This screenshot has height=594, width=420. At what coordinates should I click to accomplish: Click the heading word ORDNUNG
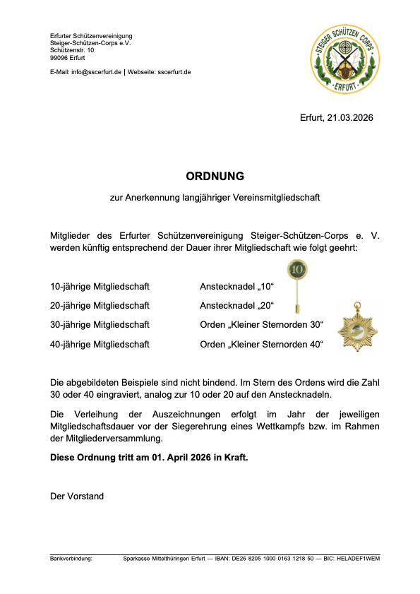click(x=215, y=175)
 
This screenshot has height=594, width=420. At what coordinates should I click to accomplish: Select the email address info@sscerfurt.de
click(x=96, y=72)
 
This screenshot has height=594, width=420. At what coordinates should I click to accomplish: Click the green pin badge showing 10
click(x=297, y=269)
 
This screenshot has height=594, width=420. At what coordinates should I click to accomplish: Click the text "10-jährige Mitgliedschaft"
click(x=100, y=287)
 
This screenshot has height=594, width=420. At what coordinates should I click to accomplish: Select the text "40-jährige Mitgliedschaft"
click(x=100, y=345)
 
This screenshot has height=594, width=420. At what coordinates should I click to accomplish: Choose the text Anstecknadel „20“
click(x=236, y=306)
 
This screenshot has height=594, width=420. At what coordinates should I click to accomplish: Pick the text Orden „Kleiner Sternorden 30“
click(x=261, y=325)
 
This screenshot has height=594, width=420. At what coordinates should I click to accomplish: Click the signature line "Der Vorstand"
click(x=77, y=496)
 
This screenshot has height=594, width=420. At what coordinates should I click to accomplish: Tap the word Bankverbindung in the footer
click(x=71, y=559)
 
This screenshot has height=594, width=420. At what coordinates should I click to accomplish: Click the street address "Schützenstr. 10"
click(x=72, y=50)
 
